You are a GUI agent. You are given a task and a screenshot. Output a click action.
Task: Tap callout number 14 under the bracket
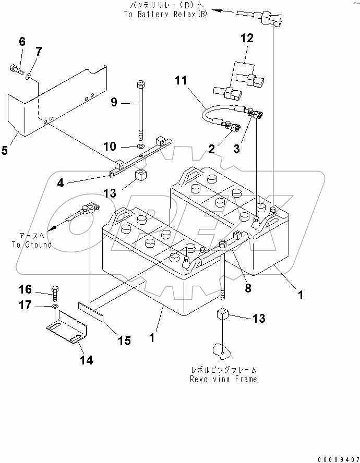click(x=87, y=360)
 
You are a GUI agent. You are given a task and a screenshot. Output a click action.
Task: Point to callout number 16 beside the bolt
click(x=25, y=289)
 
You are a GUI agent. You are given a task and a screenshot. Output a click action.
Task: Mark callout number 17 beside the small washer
click(x=25, y=306)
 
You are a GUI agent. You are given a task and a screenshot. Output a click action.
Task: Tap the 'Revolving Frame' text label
click(x=223, y=379)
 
